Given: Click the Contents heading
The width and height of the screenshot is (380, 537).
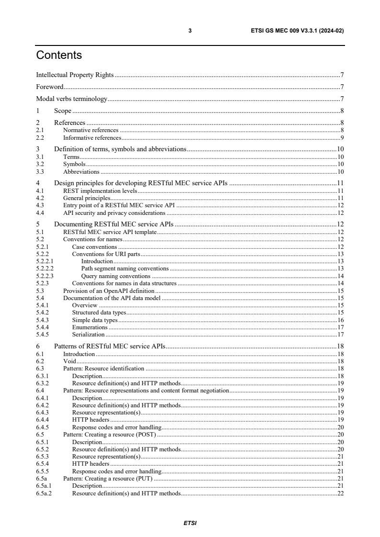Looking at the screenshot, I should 59,56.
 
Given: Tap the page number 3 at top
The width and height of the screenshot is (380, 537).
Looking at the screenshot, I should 190,31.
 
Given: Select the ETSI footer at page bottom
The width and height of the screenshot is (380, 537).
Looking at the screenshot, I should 190,523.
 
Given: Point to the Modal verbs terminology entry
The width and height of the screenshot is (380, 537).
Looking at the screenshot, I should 71,99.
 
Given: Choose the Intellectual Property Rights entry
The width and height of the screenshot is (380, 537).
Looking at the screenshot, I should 75,75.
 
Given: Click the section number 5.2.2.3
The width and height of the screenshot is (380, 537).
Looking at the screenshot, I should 45,276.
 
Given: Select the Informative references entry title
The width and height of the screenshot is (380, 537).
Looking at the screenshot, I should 92,137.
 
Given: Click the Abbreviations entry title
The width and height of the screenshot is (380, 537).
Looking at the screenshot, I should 81,171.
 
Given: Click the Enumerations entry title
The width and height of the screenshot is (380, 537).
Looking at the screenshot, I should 90,327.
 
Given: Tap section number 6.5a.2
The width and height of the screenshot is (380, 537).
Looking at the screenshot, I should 44,493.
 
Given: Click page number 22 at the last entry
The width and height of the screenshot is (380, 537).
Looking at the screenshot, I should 341,493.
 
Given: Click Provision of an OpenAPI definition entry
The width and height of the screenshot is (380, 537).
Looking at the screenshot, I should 109,291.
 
